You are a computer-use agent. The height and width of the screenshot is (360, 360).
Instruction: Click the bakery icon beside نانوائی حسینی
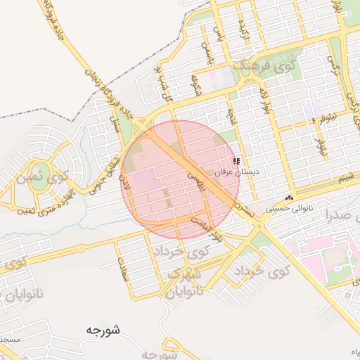(289, 199)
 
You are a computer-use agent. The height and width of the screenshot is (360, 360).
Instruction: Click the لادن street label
(126, 186)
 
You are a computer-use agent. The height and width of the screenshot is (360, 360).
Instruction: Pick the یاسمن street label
(205, 53)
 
